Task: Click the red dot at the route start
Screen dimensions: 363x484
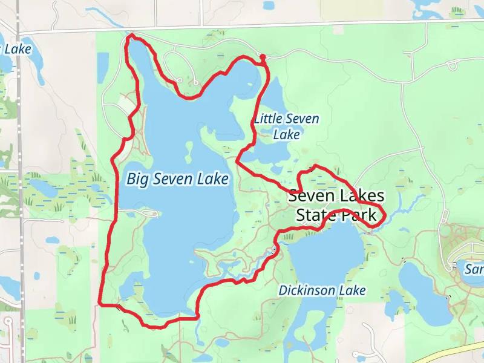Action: coord(263,57)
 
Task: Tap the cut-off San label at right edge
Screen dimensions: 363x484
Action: coord(474,269)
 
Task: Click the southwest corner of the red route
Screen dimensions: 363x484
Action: coord(100,303)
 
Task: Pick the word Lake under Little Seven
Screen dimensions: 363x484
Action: coord(286,134)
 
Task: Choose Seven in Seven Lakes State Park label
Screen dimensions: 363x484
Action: coord(309,196)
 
